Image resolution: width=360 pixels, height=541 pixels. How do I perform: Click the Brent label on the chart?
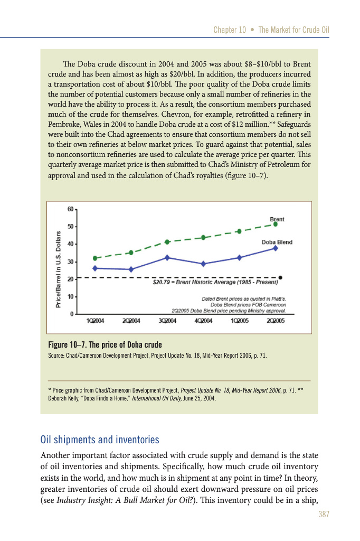point(277,218)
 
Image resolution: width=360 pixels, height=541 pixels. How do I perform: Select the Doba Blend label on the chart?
point(277,242)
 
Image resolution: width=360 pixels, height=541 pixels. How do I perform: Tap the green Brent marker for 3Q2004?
point(167,242)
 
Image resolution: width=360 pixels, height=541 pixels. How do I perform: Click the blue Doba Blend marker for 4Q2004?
point(203,264)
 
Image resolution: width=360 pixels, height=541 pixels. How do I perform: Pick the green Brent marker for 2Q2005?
point(275,224)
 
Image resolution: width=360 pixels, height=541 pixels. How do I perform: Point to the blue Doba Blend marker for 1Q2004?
point(95,268)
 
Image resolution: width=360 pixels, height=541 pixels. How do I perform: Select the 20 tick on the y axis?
point(71,278)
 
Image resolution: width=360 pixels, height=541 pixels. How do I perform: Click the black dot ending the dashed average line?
point(280,277)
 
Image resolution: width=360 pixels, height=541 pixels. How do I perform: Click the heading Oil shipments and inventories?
point(100,440)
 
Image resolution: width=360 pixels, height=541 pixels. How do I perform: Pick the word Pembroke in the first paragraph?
point(60,124)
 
